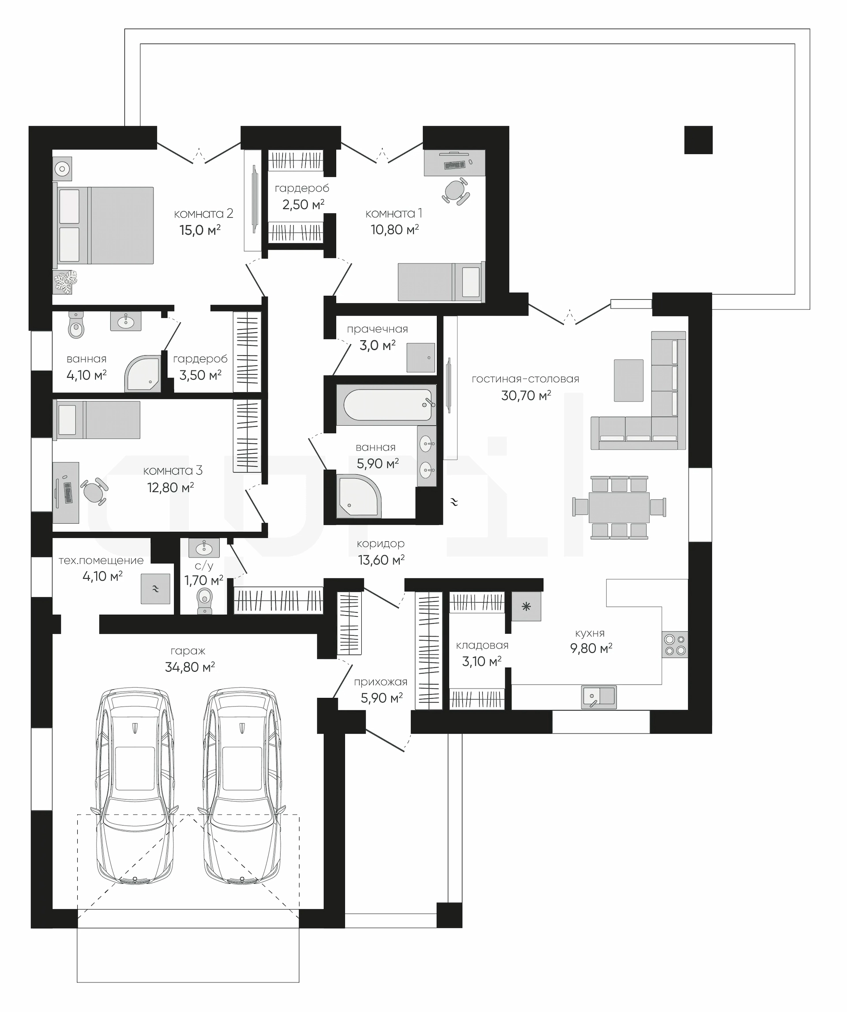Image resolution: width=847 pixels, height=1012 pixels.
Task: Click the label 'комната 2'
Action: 203,213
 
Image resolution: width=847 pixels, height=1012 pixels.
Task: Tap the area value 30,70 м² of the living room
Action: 526,396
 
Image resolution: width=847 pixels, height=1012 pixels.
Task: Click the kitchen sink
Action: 599,697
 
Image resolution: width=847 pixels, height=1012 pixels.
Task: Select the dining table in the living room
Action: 619,507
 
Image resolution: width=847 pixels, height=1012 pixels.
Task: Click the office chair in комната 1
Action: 455,191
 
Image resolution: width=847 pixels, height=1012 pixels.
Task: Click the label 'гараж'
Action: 188,651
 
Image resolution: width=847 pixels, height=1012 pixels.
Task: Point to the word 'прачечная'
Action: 377,329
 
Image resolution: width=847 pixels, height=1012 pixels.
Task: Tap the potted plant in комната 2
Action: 65,282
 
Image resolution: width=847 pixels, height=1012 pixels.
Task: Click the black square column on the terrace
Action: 698,140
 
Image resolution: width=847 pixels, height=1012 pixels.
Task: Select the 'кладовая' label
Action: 482,645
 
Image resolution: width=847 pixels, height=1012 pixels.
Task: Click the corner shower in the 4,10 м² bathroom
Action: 143,373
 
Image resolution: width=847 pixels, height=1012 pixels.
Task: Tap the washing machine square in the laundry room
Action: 420,357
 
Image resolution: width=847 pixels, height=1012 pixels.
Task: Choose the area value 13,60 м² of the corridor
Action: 381,560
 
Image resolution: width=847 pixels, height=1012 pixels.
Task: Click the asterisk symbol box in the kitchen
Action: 526,606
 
